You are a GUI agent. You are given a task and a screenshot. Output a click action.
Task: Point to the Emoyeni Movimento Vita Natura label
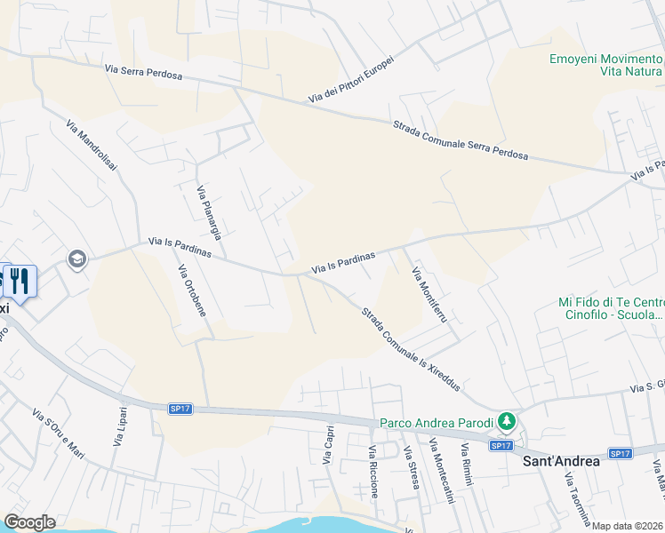605,64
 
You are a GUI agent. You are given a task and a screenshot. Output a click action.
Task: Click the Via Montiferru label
429,294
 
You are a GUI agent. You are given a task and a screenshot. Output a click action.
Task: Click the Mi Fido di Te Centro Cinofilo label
611,308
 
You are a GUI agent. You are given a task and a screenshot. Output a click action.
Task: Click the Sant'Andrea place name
560,461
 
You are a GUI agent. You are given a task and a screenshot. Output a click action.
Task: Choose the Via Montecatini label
442,471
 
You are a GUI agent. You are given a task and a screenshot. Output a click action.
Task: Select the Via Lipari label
121,426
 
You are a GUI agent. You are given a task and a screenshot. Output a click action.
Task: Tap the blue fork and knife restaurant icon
20,282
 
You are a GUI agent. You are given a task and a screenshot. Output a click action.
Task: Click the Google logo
29,522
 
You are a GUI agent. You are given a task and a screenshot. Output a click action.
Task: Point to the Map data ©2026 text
628,526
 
